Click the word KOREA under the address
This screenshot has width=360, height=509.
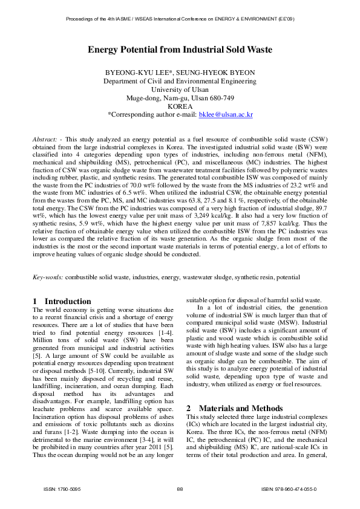click(x=180, y=106)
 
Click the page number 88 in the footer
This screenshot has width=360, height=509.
click(x=180, y=488)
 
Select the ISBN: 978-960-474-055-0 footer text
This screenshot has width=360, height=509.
click(x=289, y=488)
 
